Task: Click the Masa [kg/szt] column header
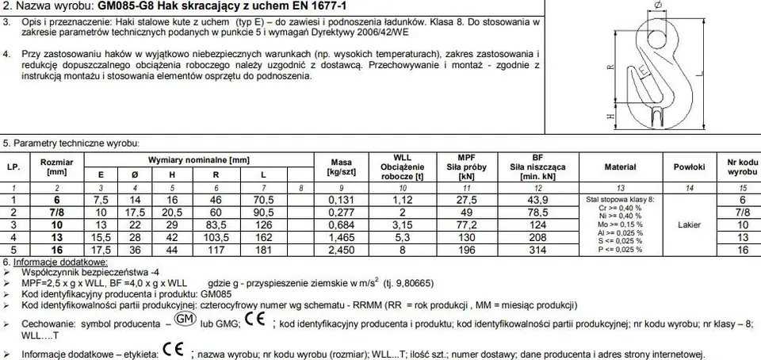point(342,167)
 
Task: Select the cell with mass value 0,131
point(342,201)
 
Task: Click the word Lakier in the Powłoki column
point(689,224)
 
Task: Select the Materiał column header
point(621,167)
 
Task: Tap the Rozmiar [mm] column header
point(57,167)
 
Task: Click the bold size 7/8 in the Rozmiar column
point(57,213)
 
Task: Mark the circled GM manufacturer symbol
point(184,320)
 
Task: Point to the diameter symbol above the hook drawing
point(657,7)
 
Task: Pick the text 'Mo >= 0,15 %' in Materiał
point(620,224)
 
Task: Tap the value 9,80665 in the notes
point(434,283)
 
